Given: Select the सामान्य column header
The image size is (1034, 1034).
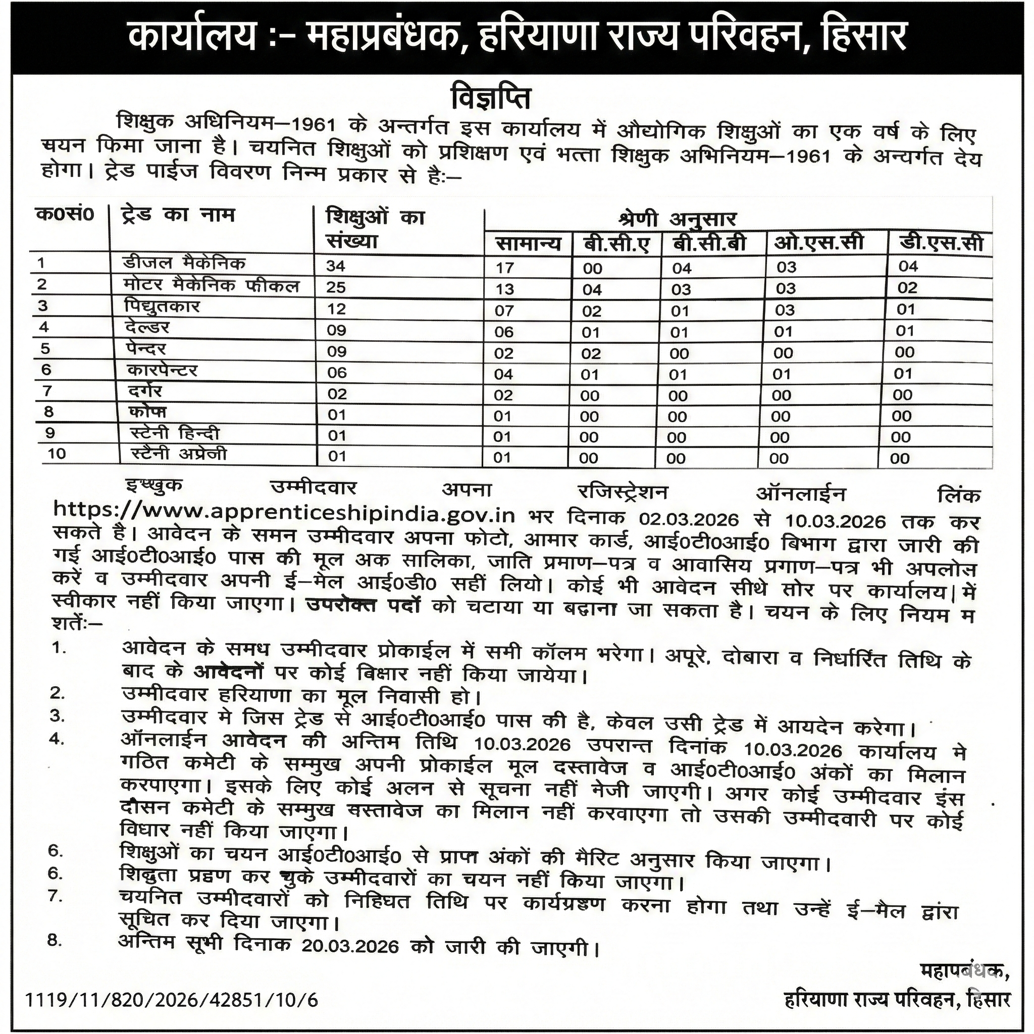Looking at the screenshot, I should (x=528, y=244).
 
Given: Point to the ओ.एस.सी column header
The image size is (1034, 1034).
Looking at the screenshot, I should (x=818, y=243).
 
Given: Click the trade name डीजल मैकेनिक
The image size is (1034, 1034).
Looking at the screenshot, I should (x=184, y=264).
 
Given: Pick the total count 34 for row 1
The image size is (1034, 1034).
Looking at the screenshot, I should (x=337, y=266).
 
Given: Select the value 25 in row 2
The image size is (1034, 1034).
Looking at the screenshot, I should (x=336, y=287).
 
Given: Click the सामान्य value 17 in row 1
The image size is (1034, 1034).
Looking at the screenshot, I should (x=505, y=268).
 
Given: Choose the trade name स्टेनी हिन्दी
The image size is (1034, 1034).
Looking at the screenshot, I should (x=175, y=433).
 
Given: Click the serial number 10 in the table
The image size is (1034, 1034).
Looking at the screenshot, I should (x=56, y=454).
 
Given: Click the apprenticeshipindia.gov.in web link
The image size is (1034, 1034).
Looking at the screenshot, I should (x=284, y=514).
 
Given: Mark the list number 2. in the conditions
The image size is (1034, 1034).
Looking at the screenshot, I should (x=57, y=693).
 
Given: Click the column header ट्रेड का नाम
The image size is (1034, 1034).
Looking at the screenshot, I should (x=178, y=216).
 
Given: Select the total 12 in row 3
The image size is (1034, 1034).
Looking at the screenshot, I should (x=336, y=309).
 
